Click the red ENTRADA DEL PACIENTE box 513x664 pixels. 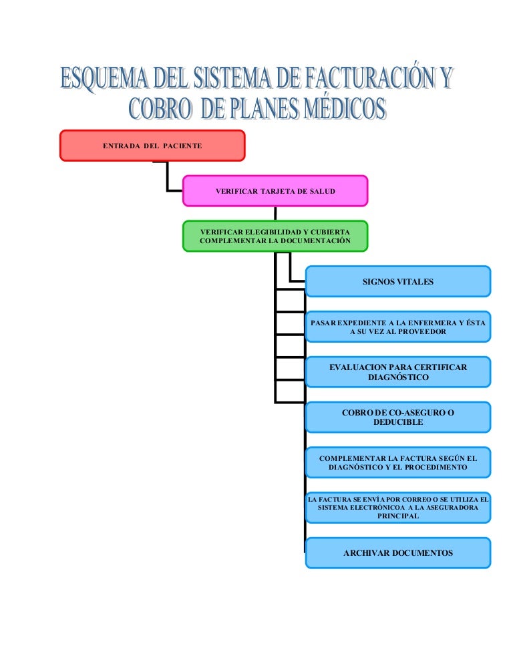(152, 146)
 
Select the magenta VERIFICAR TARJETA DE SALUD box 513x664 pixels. (275, 191)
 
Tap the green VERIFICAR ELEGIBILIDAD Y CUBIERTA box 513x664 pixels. (275, 236)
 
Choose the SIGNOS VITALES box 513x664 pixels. (398, 281)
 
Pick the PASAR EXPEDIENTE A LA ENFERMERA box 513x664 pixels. (398, 327)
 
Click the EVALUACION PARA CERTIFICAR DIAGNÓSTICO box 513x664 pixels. (398, 372)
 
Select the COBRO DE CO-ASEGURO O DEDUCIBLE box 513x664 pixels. (398, 417)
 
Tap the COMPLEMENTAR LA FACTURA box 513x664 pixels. (398, 462)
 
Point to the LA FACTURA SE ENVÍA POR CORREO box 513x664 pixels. (398, 508)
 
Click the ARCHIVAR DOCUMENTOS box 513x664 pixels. (398, 553)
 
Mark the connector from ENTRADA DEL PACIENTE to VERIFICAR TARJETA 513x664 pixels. (168, 178)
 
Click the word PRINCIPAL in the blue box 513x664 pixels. (398, 516)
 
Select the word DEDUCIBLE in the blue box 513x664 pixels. (398, 422)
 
